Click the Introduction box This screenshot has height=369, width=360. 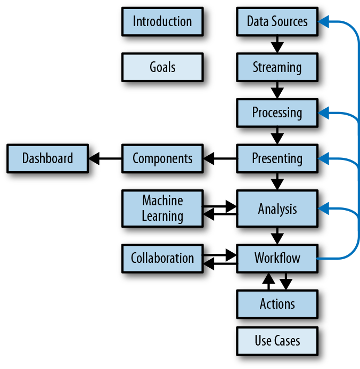coord(162,22)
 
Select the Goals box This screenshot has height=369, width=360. coord(162,68)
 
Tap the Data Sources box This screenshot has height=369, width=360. coord(277,22)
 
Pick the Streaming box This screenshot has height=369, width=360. coord(277,68)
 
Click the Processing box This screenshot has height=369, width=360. coord(277,113)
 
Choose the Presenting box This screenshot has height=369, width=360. coord(277,158)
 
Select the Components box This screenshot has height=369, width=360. coord(162,158)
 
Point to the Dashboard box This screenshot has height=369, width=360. coord(47,158)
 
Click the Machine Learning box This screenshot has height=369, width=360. coord(162,208)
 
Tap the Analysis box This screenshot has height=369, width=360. coord(277,208)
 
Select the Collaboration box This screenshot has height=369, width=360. coord(162,258)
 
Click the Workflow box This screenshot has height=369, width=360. coord(277,258)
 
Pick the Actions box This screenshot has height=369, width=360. coord(277,304)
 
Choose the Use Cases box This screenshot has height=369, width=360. coord(277,341)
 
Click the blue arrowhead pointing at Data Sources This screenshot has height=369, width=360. coord(324,22)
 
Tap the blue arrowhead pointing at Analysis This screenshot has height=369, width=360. coord(324,208)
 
